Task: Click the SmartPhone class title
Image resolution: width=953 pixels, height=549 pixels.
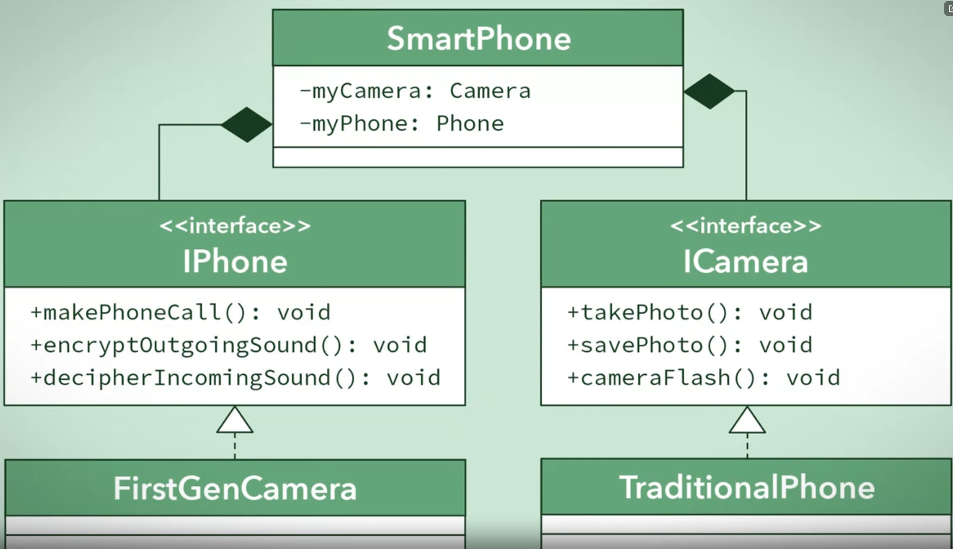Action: pyautogui.click(x=478, y=39)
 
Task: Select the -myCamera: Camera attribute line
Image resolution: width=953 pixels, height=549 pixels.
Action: pyautogui.click(x=415, y=91)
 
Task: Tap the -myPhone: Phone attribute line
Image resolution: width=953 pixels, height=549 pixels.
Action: pyautogui.click(x=402, y=124)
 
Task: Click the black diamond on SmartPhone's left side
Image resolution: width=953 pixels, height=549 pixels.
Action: pyautogui.click(x=247, y=125)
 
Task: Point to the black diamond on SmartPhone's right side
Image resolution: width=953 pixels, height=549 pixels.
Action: pyautogui.click(x=709, y=91)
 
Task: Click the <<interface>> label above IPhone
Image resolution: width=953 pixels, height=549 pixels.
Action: pyautogui.click(x=235, y=226)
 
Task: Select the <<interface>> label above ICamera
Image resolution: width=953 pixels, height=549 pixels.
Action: pyautogui.click(x=746, y=226)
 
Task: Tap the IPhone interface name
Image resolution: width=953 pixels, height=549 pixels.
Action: pyautogui.click(x=235, y=261)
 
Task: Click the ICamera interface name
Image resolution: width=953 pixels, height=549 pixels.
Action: pyautogui.click(x=746, y=261)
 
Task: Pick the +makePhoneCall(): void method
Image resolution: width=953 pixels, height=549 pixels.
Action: pyautogui.click(x=180, y=313)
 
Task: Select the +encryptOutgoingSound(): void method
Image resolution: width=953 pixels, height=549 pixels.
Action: pyautogui.click(x=229, y=345)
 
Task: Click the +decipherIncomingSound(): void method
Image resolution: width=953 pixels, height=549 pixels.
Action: pyautogui.click(x=235, y=378)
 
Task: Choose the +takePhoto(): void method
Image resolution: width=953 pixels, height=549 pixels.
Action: pyautogui.click(x=689, y=313)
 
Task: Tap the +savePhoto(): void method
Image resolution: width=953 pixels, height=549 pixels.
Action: pyautogui.click(x=689, y=345)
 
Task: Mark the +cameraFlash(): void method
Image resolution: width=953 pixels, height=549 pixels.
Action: pyautogui.click(x=704, y=378)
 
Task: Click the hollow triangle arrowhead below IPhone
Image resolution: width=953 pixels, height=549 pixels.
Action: pyautogui.click(x=235, y=422)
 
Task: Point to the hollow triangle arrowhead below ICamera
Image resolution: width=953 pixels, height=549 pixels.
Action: pyautogui.click(x=747, y=422)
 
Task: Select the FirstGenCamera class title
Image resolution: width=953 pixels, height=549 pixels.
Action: pyautogui.click(x=235, y=488)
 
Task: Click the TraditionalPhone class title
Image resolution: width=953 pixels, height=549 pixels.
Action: pyautogui.click(x=747, y=487)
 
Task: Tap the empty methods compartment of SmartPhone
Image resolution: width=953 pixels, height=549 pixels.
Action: pyautogui.click(x=478, y=157)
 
